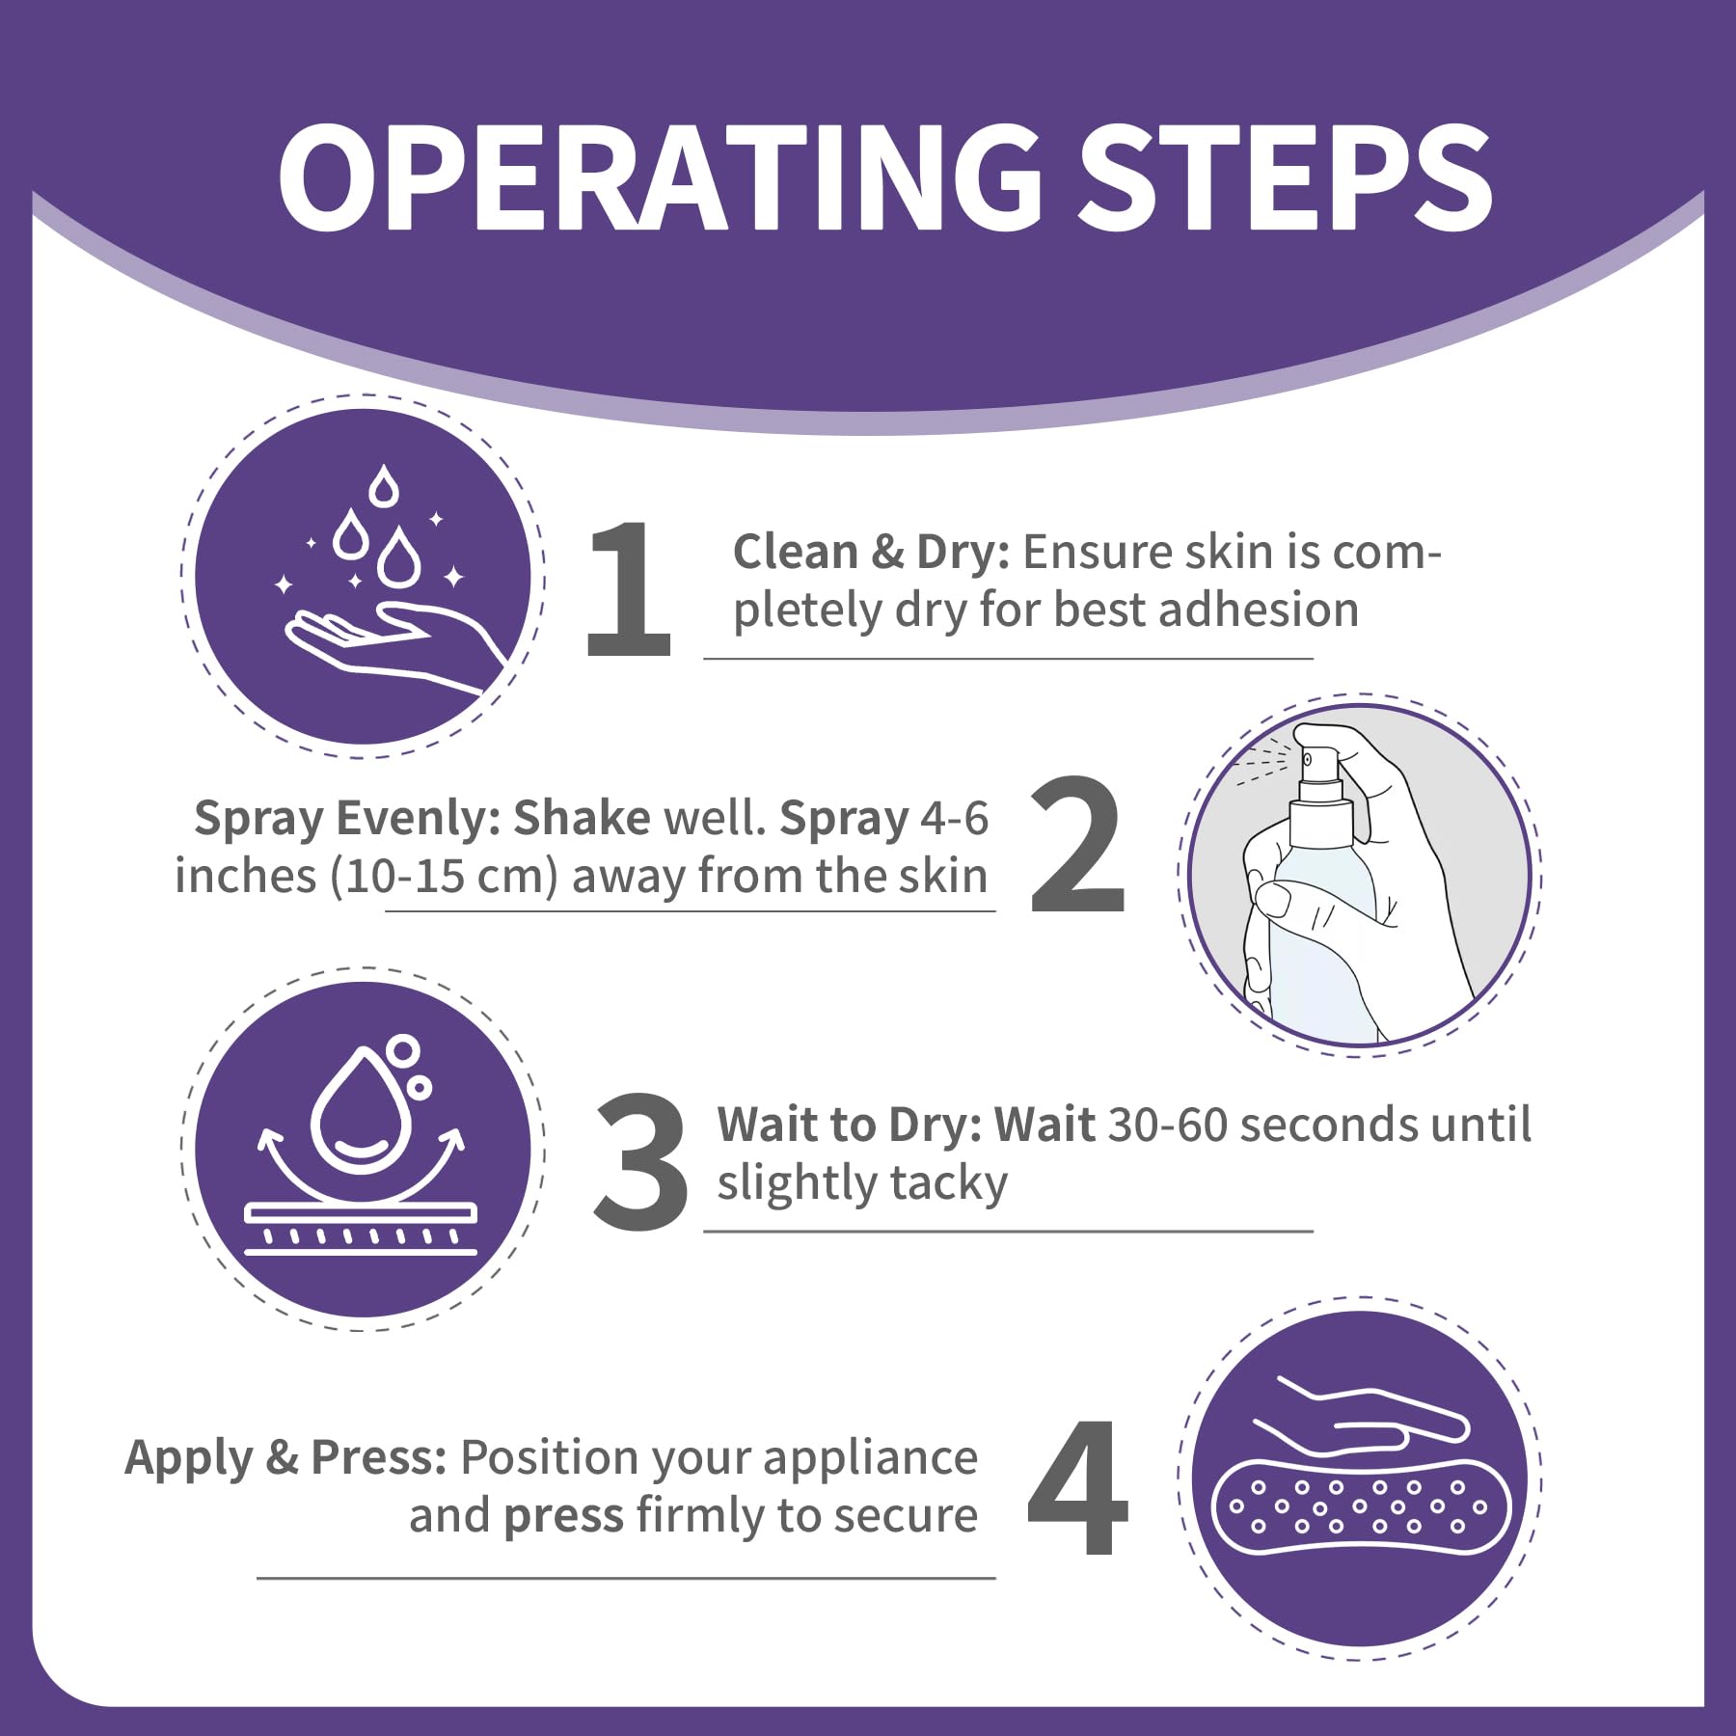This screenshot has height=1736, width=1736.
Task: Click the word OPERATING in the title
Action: tap(661, 177)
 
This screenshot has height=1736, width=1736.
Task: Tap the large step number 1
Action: tap(628, 587)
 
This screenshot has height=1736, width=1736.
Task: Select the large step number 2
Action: tap(1077, 845)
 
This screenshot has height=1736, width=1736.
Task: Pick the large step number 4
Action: tap(1077, 1486)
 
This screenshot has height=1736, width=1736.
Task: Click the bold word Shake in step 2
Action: tap(582, 818)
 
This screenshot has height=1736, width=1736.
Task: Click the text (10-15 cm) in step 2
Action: tap(445, 877)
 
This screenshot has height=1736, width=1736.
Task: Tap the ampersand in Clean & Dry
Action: tap(887, 553)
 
